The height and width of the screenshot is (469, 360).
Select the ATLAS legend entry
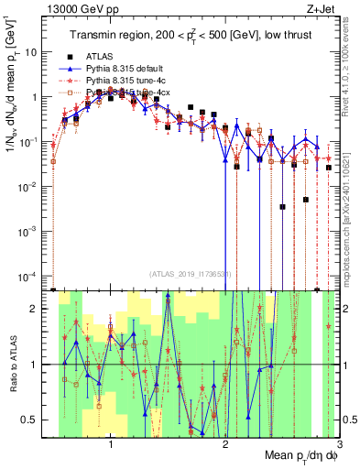pos(101,55)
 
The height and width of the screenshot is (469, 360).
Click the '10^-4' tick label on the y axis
pos(33,276)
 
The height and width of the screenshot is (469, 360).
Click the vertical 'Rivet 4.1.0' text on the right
pos(353,69)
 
